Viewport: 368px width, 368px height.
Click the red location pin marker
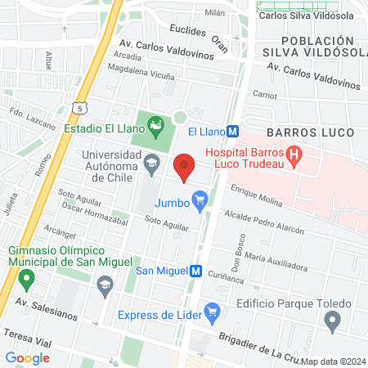click(186, 166)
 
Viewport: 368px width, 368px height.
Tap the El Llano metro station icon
click(233, 131)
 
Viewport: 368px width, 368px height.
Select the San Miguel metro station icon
click(195, 272)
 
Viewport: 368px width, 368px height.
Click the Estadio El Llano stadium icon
click(154, 127)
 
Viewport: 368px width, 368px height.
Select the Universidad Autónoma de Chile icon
click(151, 164)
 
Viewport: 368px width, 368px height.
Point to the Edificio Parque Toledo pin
click(331, 323)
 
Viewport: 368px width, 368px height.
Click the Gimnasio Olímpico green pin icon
click(25, 281)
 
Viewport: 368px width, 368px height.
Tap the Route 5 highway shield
click(79, 106)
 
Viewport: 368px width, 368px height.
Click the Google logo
click(27, 357)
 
